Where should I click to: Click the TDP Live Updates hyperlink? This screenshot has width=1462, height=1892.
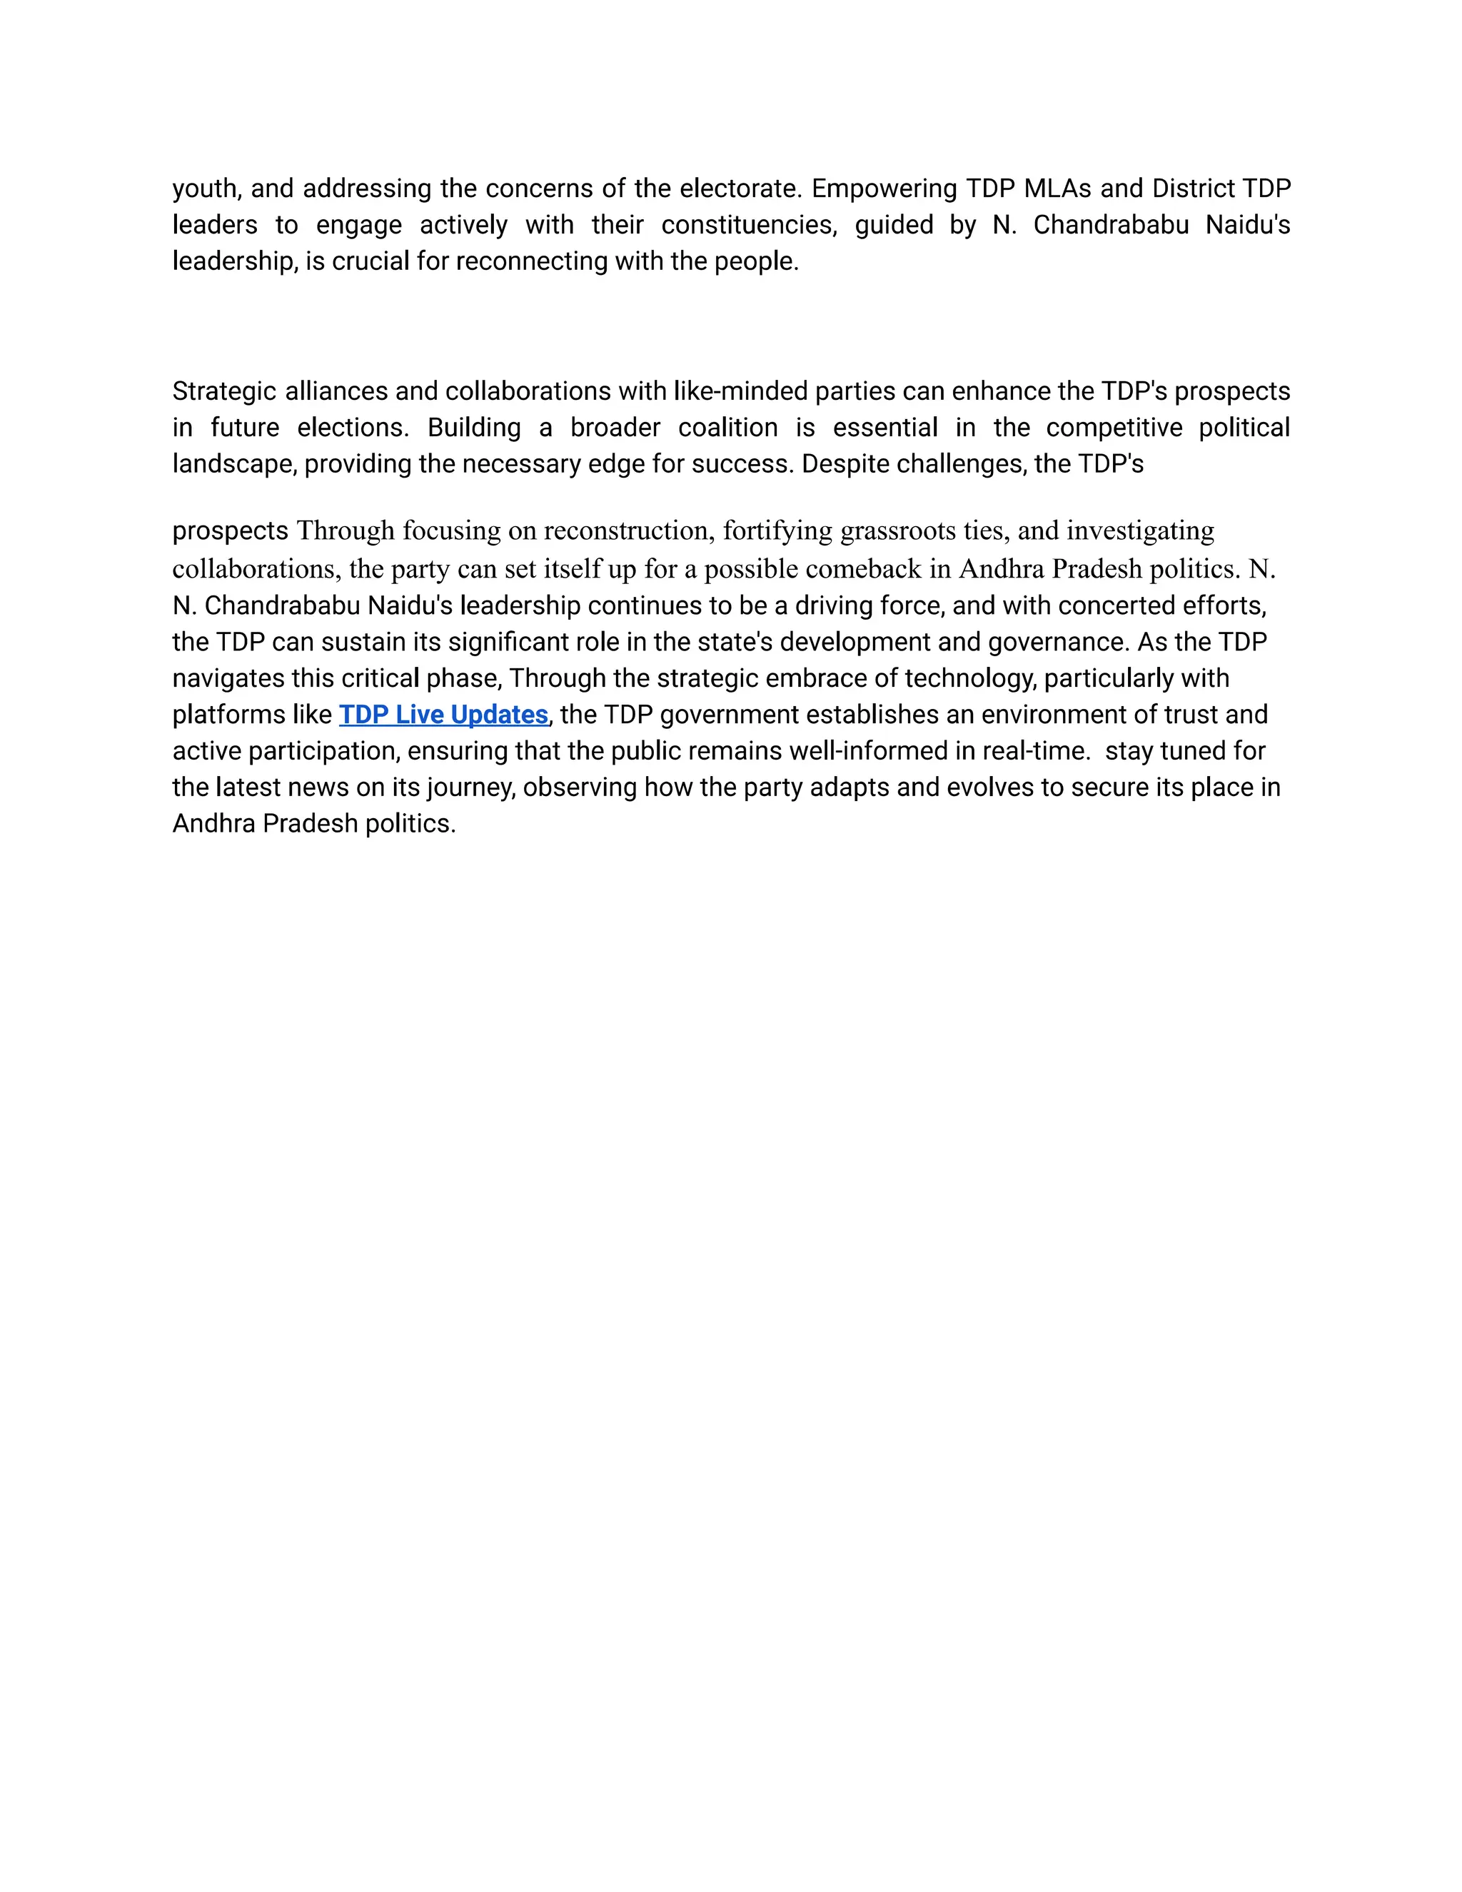(443, 715)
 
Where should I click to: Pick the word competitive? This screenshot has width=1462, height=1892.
(1114, 428)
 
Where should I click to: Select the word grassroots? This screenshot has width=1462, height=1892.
(897, 530)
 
